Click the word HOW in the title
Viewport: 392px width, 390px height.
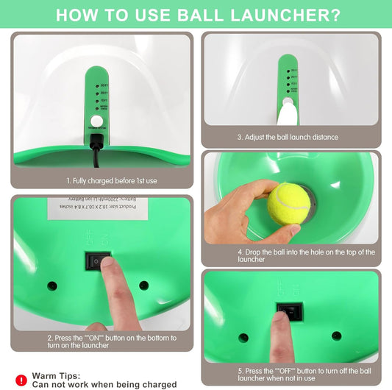pos(77,15)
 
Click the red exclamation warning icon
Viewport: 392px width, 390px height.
pos(21,380)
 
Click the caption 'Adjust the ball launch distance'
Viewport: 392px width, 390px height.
pos(288,137)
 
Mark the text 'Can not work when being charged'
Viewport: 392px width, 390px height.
pos(104,384)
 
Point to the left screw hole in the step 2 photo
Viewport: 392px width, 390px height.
pos(52,285)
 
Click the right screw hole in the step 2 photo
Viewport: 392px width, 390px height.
pos(143,285)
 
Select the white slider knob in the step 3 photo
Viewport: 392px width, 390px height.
pos(288,110)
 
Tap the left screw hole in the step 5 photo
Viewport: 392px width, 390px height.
pos(243,337)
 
